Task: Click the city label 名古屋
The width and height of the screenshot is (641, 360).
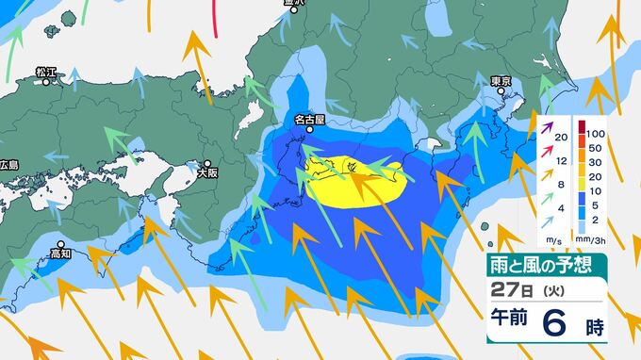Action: point(309,120)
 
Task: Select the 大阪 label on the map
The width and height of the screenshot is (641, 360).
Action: point(207,172)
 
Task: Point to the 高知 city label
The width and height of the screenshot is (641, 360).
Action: point(62,254)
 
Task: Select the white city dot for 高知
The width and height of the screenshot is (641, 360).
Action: point(62,243)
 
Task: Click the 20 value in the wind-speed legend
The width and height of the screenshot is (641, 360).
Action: point(562,138)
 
